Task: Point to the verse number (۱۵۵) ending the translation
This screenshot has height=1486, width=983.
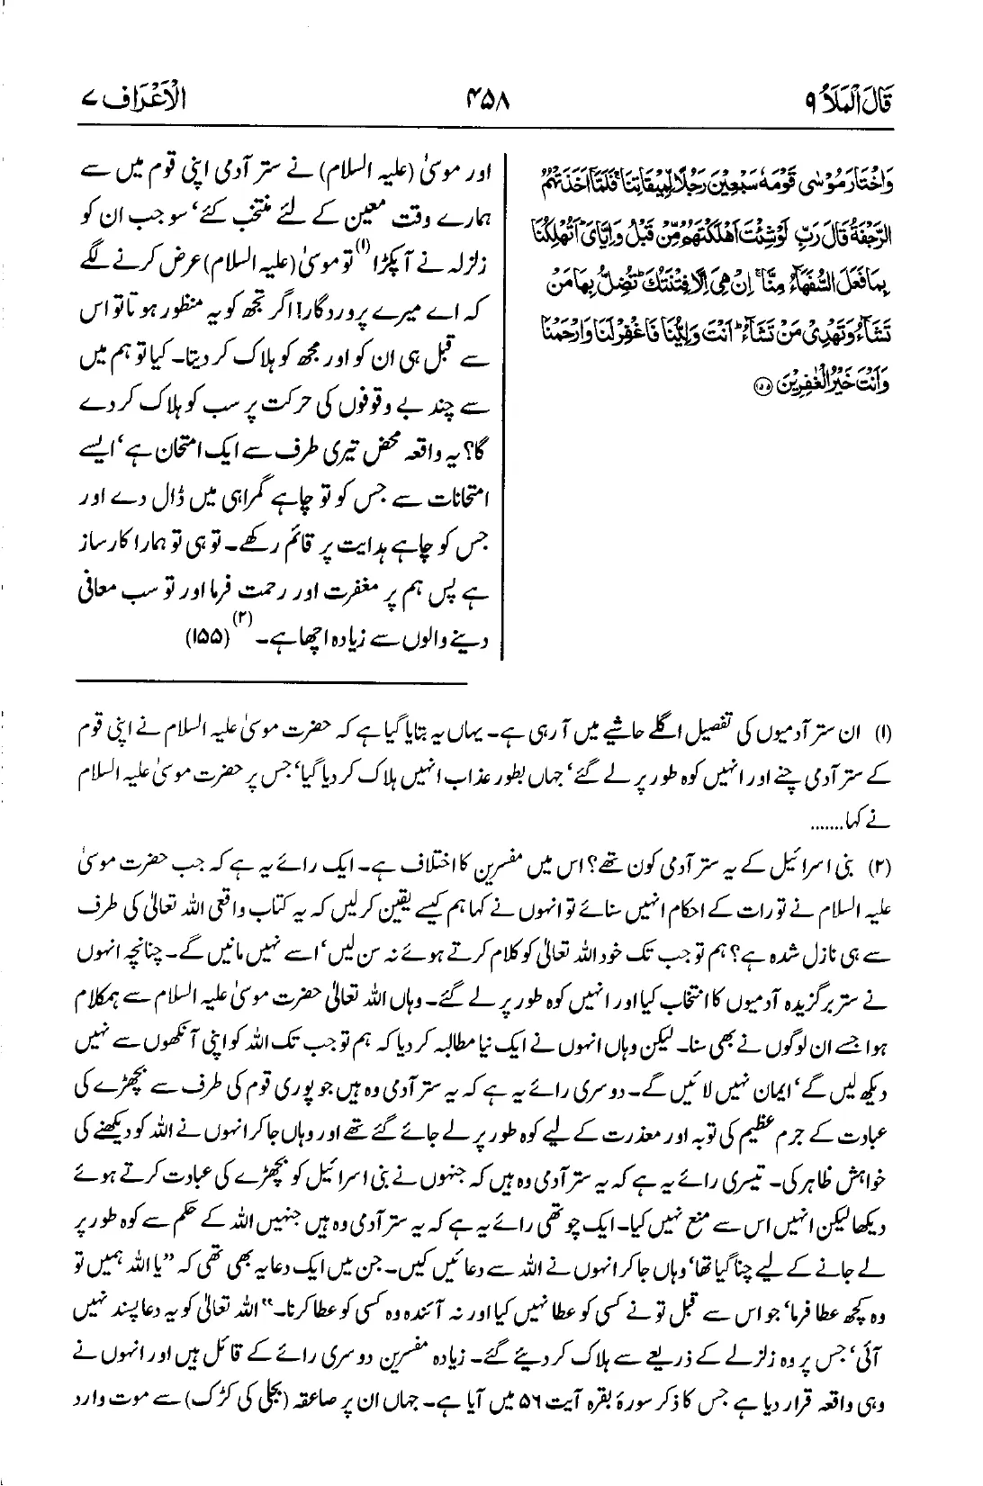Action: pos(210,639)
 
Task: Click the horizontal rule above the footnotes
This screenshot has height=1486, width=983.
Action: pos(270,686)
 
